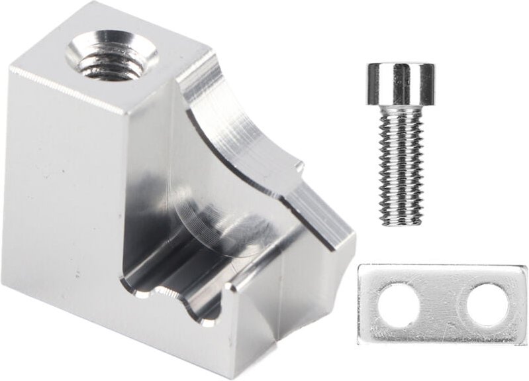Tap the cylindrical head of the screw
(x=401, y=84)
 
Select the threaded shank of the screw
(x=401, y=166)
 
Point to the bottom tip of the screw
(x=402, y=223)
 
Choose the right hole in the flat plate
(x=487, y=304)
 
